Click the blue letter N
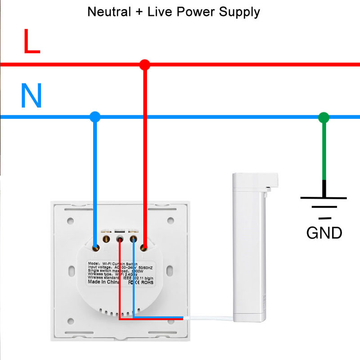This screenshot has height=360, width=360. (x=31, y=96)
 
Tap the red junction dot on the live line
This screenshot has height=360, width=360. (x=144, y=65)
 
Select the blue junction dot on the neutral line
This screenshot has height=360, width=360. (x=94, y=117)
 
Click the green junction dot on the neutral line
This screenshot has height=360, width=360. (x=324, y=118)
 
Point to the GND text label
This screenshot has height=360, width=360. (x=324, y=233)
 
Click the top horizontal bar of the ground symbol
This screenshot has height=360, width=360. (x=324, y=197)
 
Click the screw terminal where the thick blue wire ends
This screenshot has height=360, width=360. (x=95, y=247)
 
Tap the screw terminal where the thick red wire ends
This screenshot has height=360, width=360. (x=144, y=247)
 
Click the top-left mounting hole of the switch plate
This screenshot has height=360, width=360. (x=70, y=221)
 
